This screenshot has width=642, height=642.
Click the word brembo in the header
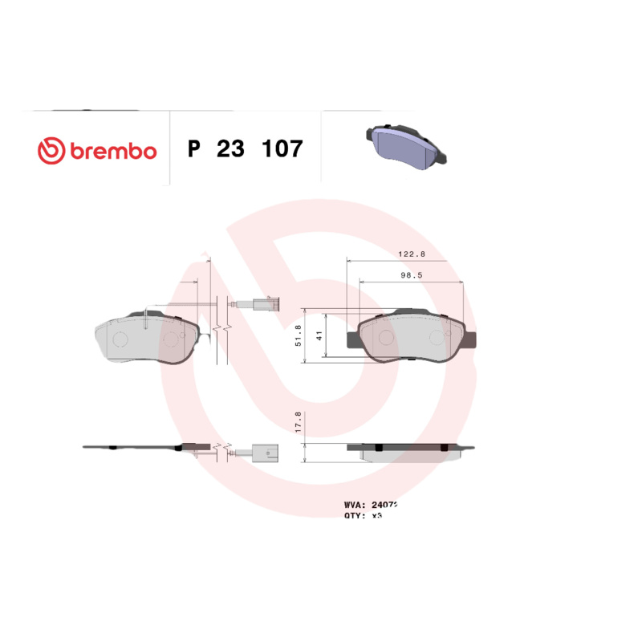(113, 151)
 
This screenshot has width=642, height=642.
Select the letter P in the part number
(193, 149)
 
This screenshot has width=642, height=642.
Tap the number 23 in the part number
(231, 149)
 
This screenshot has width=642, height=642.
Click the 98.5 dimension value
(412, 274)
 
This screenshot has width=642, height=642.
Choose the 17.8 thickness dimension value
(298, 423)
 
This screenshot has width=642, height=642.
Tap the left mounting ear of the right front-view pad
(352, 340)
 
